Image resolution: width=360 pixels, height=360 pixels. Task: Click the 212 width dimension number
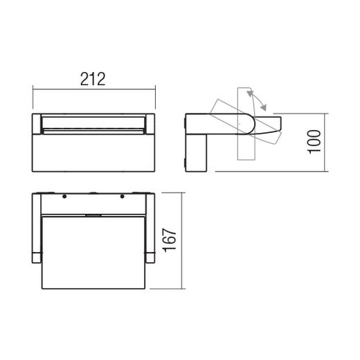[x=93, y=79]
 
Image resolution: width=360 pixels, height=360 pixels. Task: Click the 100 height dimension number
[x=314, y=142]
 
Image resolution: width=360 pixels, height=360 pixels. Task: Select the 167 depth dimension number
[x=170, y=240]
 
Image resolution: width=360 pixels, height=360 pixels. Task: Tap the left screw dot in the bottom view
[x=64, y=197]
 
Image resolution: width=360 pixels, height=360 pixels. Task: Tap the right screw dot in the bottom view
[x=123, y=197]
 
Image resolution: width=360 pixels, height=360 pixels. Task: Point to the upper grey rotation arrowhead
[x=250, y=93]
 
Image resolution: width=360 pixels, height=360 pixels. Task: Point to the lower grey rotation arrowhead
[x=263, y=107]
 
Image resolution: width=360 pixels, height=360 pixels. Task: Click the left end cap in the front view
[x=37, y=124]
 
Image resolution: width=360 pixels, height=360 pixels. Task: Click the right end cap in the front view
[x=150, y=124]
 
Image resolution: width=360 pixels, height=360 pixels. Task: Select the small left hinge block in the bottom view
[x=37, y=258]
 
